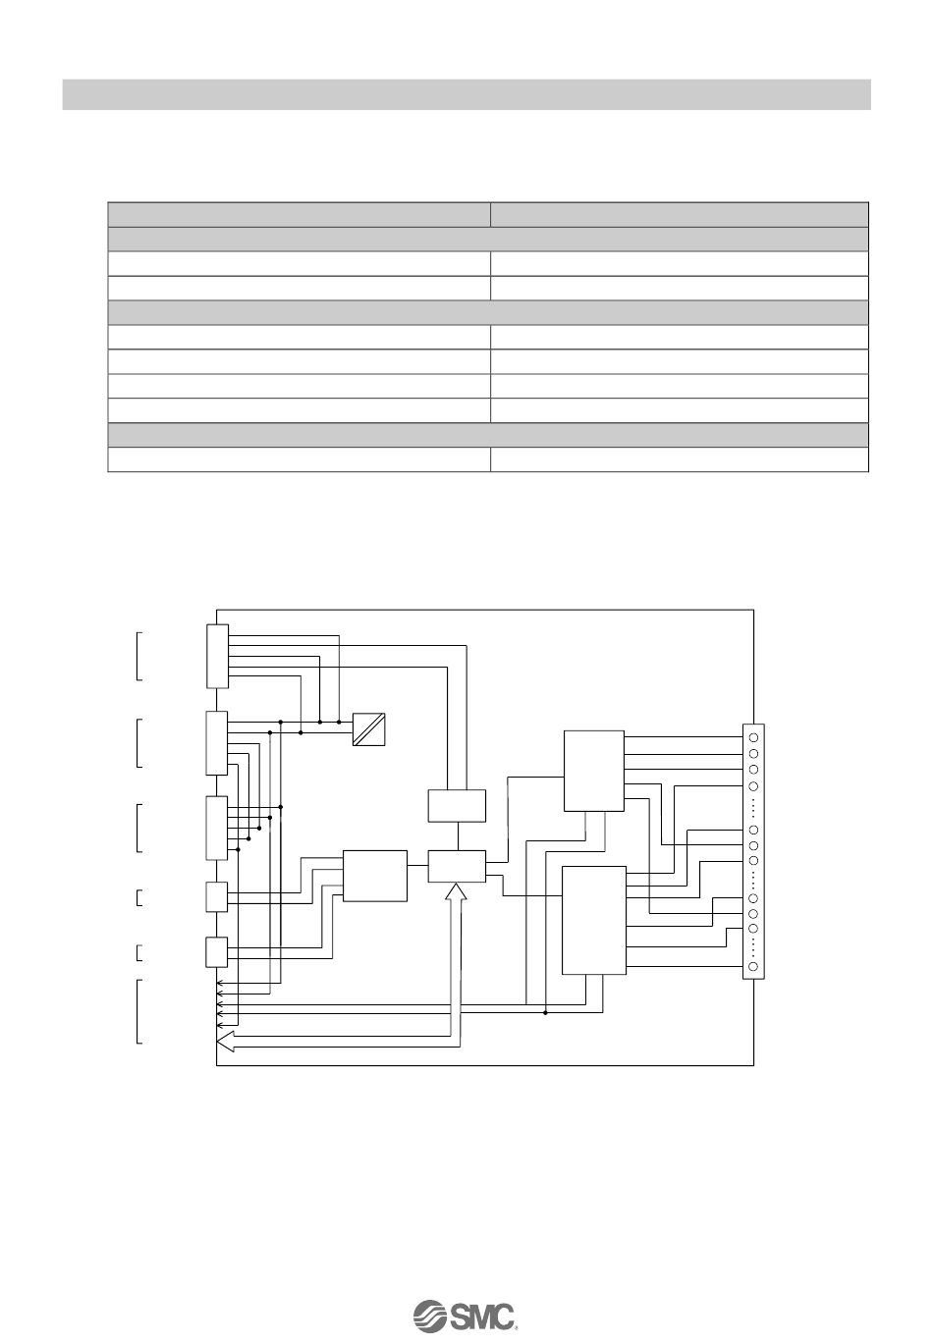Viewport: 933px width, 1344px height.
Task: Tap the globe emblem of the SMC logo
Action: click(429, 1316)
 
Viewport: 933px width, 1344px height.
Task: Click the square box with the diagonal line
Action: click(369, 728)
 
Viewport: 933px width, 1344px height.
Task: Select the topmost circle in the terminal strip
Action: click(752, 736)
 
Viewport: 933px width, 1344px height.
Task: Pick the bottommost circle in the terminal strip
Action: click(752, 968)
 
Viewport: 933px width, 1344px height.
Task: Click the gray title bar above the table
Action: click(466, 94)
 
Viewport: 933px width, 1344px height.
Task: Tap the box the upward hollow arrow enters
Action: click(457, 866)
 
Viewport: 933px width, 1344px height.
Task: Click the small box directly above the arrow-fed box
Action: click(457, 805)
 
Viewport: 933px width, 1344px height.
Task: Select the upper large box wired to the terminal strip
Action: click(594, 771)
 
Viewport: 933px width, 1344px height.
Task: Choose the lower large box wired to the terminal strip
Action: click(593, 920)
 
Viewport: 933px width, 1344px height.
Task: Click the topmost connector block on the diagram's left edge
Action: click(218, 656)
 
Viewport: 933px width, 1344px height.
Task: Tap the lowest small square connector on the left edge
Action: click(217, 952)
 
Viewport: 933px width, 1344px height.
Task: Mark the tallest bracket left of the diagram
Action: click(138, 1011)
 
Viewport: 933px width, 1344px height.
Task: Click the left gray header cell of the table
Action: click(299, 214)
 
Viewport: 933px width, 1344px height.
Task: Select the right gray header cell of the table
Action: click(680, 214)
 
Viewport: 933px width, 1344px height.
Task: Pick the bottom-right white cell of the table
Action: click(680, 459)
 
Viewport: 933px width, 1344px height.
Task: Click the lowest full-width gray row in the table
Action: click(488, 435)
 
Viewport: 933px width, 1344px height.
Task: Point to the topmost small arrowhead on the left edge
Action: click(220, 981)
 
